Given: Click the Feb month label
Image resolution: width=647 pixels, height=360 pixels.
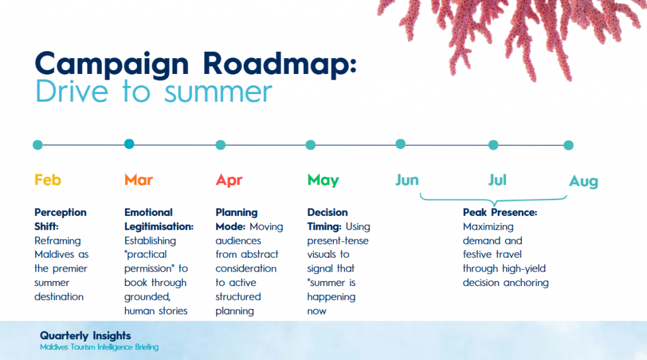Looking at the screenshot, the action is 48,180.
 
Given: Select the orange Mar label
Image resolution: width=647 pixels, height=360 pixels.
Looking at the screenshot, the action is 138,180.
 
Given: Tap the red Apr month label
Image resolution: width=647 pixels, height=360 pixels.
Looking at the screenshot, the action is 229,181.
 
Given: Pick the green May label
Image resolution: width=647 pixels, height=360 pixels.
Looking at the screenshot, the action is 323,181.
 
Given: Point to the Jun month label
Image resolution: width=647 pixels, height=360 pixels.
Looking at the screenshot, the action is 408,180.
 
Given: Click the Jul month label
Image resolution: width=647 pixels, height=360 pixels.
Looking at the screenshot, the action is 497,180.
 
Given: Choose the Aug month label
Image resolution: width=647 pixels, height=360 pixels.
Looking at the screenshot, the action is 583,181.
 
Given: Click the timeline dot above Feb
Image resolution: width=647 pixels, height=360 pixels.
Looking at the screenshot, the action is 37,145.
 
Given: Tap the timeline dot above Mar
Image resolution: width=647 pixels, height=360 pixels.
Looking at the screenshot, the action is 129,144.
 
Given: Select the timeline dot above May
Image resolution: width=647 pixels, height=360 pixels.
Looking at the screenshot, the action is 311,145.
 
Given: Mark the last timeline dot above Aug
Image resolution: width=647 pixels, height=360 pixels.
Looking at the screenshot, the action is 569,145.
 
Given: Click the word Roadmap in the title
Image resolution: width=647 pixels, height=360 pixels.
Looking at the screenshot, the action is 280,64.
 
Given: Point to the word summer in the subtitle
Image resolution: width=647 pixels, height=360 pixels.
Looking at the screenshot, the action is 218,92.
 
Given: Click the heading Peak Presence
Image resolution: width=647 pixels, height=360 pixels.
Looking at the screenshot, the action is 500,212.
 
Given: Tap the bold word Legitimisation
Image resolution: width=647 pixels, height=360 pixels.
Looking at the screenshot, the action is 159,227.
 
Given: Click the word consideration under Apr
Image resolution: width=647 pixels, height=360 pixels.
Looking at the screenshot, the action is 246,268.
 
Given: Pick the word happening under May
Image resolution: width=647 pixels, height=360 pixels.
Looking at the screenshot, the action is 331,297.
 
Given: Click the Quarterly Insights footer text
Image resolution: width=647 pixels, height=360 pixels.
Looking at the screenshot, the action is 85,335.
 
